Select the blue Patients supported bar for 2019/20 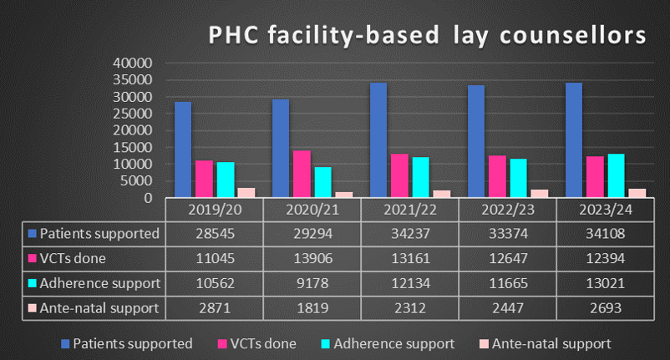click(x=183, y=150)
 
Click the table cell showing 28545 click(x=214, y=233)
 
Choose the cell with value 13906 click(x=312, y=258)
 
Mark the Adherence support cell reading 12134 click(x=409, y=282)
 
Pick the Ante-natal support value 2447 click(x=508, y=307)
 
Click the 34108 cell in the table click(x=606, y=233)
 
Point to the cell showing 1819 click(x=312, y=307)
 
